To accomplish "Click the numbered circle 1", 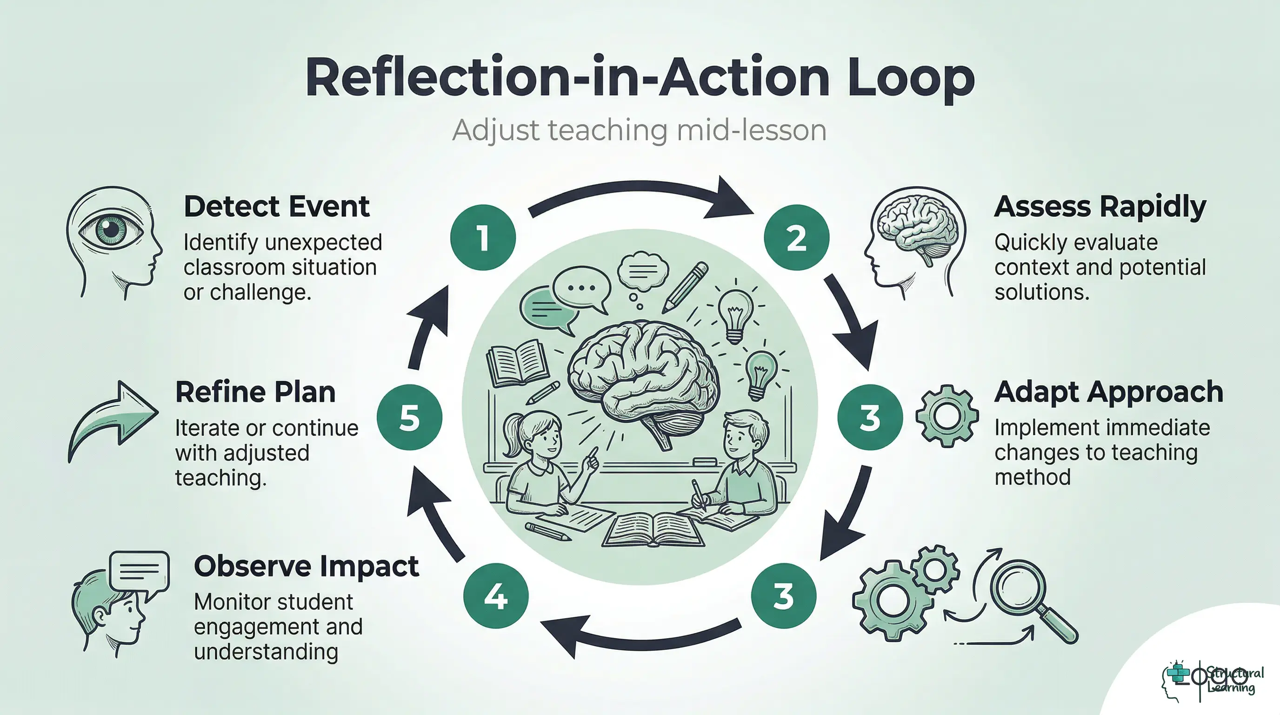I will [482, 237].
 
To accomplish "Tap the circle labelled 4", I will [495, 596].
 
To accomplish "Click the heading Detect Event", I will [276, 206].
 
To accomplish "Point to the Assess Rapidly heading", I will [1100, 206].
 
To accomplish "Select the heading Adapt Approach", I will [1108, 392].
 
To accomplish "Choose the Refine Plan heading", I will [255, 392].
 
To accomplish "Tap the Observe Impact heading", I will [306, 566].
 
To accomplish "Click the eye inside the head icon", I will [111, 229].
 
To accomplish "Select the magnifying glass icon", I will [1028, 597].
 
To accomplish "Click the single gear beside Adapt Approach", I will [947, 414].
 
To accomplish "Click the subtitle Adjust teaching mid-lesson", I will [639, 130].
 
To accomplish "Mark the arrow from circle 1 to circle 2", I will [641, 196].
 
